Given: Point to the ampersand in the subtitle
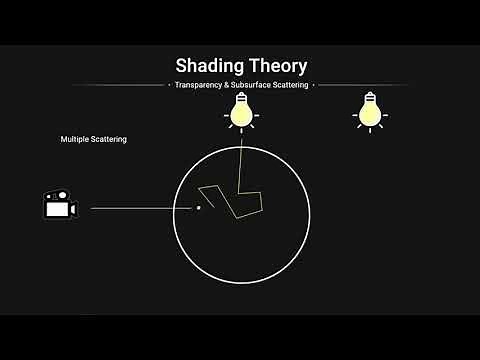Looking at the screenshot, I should click(224, 85).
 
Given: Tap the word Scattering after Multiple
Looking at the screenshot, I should click(109, 139).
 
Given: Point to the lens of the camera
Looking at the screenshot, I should click(73, 209).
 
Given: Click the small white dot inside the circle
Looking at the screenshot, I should click(198, 208).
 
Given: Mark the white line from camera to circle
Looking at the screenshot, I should click(140, 208).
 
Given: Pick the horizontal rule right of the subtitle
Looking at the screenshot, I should click(360, 85).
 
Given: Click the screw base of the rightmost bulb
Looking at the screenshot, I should click(369, 97).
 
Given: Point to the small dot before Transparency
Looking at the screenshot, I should click(166, 85).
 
